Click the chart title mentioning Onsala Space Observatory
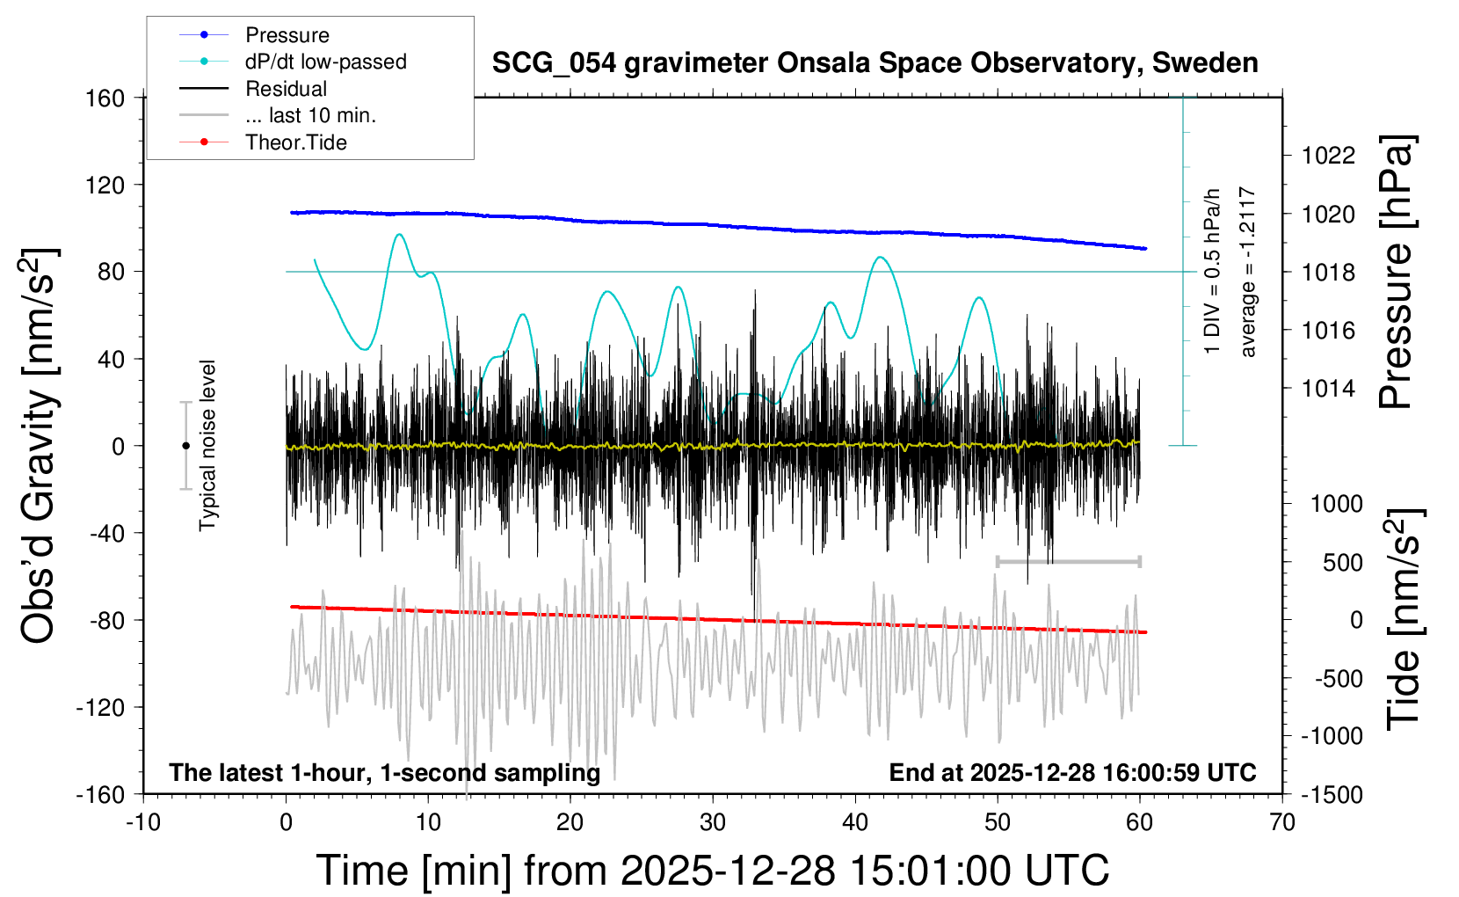pyautogui.click(x=875, y=63)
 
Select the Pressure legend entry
pyautogui.click(x=287, y=35)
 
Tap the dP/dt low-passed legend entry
pyautogui.click(x=325, y=62)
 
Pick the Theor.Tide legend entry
pyautogui.click(x=295, y=142)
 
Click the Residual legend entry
pyautogui.click(x=286, y=89)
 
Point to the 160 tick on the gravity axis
pyautogui.click(x=105, y=98)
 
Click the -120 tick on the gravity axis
pyautogui.click(x=101, y=707)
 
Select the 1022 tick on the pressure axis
pyautogui.click(x=1328, y=156)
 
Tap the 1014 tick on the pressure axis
pyautogui.click(x=1328, y=388)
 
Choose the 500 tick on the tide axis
pyautogui.click(x=1342, y=562)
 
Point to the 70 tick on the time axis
pyautogui.click(x=1282, y=823)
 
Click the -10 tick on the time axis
pyautogui.click(x=143, y=823)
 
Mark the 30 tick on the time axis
pyautogui.click(x=713, y=823)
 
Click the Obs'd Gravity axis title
pyautogui.click(x=40, y=446)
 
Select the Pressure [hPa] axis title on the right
pyautogui.click(x=1396, y=272)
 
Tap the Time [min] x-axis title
pyautogui.click(x=712, y=871)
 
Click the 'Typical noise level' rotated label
pyautogui.click(x=207, y=446)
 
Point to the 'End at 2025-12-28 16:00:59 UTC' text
pyautogui.click(x=1072, y=773)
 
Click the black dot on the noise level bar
pyautogui.click(x=185, y=446)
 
